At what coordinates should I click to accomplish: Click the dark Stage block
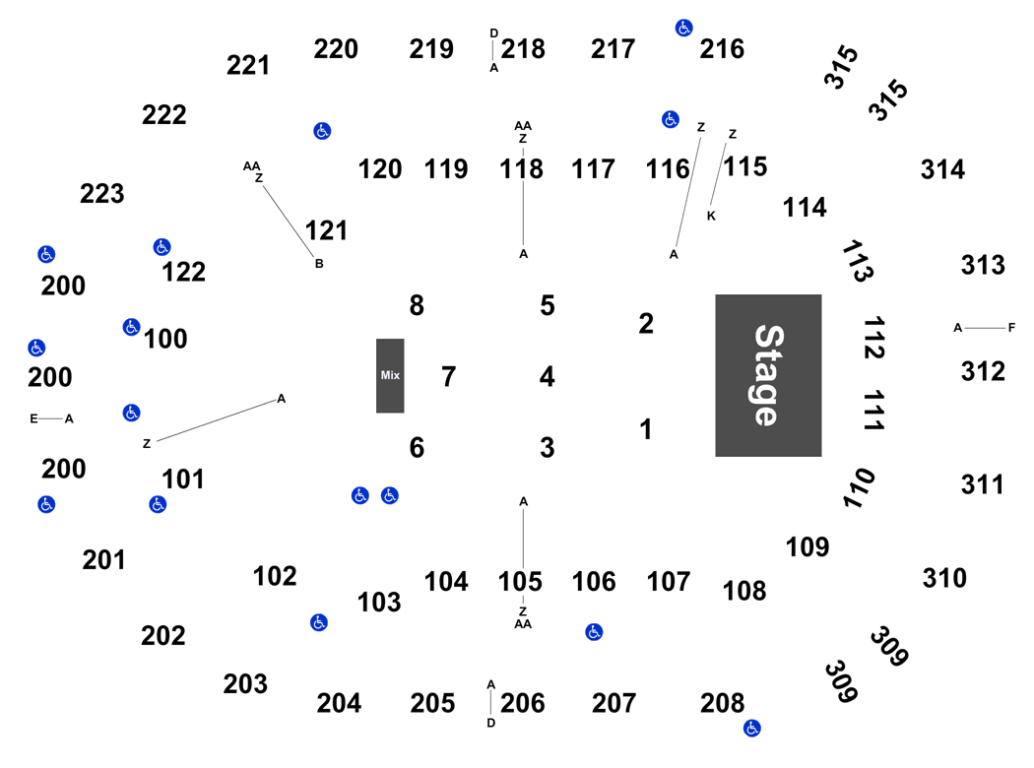pos(768,375)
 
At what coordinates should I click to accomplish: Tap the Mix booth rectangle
pos(390,376)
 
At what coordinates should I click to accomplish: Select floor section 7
pos(448,376)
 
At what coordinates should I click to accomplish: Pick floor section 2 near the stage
pos(646,323)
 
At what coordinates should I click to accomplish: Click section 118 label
pos(521,168)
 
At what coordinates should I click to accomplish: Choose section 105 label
pos(520,582)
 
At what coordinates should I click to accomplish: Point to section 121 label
pos(326,230)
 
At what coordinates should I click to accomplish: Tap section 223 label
pos(102,194)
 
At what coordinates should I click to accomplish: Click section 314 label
pos(943,169)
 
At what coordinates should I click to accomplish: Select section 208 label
pos(722,703)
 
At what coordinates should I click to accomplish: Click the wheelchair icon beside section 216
pos(683,29)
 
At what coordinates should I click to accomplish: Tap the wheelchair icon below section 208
pos(751,729)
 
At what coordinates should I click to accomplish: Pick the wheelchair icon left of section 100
pos(131,327)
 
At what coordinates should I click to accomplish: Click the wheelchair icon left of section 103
pos(319,622)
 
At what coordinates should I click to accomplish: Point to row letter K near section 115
pos(711,216)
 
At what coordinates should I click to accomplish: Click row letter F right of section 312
pos(1011,328)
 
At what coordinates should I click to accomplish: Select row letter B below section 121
pos(319,264)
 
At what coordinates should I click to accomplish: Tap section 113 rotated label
pos(858,261)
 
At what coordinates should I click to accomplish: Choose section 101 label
pos(182,480)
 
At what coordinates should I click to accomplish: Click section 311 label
pos(983,485)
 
